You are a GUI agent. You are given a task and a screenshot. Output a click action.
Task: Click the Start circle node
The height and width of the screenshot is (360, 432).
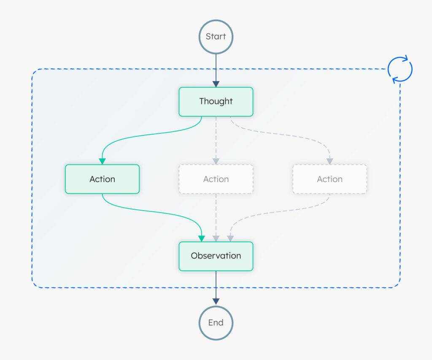[216, 36]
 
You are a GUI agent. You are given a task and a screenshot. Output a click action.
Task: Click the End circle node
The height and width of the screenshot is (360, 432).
[216, 322]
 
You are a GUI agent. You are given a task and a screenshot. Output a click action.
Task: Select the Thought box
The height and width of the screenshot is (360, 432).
[216, 102]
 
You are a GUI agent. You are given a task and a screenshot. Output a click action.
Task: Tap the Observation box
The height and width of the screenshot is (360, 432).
[216, 256]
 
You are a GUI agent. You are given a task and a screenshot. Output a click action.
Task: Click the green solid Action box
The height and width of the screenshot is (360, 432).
[102, 179]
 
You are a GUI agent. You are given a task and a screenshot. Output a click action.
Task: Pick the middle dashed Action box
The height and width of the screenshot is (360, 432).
[216, 179]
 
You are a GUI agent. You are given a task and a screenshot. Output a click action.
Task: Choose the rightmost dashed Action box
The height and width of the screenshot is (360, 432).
[329, 179]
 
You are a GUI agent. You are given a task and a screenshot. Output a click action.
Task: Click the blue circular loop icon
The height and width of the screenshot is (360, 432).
[400, 69]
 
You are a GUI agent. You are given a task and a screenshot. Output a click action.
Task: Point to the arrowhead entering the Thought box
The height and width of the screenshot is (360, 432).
[216, 84]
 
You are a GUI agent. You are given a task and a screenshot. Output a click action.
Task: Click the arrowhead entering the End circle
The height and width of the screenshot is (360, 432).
[216, 301]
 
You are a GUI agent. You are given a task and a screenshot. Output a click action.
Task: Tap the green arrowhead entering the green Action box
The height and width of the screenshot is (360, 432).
[102, 161]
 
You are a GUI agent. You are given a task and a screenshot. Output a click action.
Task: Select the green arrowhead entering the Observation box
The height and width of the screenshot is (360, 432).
[202, 238]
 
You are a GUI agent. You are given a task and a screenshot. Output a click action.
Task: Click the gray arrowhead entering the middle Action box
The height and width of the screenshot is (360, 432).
[216, 161]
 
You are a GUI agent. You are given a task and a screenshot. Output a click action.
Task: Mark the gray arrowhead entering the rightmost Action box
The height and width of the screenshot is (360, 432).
[329, 161]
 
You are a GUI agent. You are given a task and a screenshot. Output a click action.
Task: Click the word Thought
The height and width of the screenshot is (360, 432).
[216, 101]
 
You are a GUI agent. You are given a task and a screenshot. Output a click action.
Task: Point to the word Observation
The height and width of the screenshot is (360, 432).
[216, 256]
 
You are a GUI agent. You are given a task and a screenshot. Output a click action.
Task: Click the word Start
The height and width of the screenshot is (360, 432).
[216, 36]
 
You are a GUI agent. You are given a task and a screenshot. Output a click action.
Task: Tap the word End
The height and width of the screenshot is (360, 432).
[216, 322]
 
